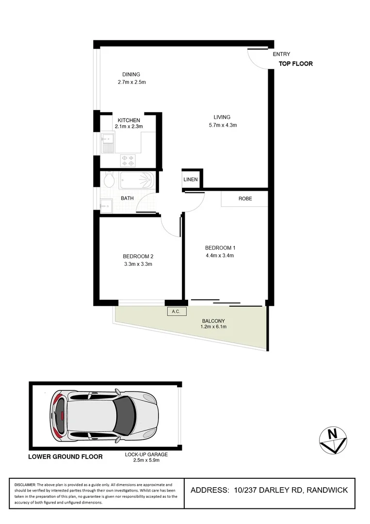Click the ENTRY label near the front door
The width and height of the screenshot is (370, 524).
(x=281, y=54)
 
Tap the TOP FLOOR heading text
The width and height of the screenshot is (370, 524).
(x=295, y=64)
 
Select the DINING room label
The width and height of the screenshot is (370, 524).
(x=131, y=74)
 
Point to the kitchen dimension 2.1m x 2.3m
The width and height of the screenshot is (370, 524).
(x=129, y=127)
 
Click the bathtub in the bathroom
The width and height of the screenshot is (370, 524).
(x=137, y=181)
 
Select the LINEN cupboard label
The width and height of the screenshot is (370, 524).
(x=191, y=180)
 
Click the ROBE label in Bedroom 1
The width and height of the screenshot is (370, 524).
(x=245, y=198)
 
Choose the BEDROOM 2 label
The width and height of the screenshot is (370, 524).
(x=138, y=256)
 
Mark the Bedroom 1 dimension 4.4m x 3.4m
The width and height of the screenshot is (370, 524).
(x=220, y=255)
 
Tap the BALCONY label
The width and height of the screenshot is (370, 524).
(x=213, y=321)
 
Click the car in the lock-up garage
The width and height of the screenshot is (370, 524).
(x=104, y=416)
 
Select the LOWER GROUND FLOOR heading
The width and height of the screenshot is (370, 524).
(x=65, y=457)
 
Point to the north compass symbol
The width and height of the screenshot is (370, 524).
(x=332, y=440)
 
